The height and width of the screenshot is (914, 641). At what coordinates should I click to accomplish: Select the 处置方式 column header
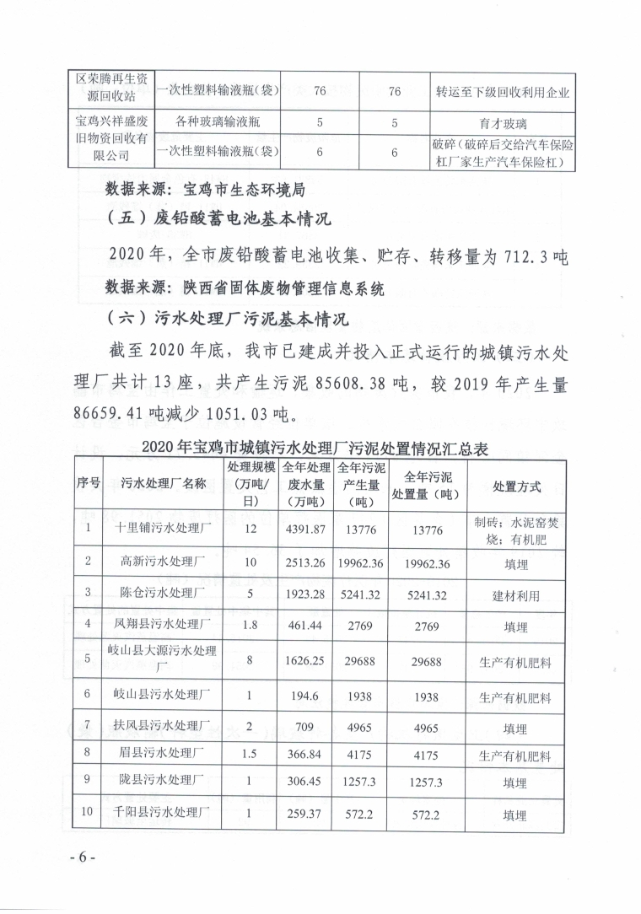point(516,487)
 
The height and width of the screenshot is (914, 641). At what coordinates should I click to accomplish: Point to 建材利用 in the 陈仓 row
point(516,594)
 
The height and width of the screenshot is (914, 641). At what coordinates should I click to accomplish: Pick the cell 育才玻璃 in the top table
point(503,122)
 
